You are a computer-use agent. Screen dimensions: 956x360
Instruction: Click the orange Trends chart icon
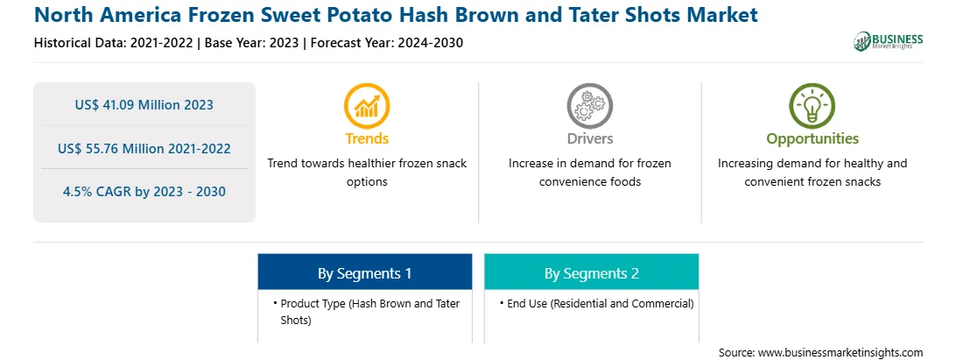pos(367,106)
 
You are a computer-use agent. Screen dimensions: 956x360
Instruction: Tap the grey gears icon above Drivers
pos(589,106)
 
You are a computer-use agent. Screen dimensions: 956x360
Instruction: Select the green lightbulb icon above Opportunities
pos(812,106)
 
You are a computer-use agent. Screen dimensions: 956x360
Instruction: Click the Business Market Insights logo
pos(889,41)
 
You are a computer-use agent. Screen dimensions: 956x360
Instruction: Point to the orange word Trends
pos(367,138)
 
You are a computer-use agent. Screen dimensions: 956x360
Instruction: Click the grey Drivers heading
pos(589,138)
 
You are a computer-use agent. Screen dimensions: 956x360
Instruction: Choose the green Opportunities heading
pos(812,139)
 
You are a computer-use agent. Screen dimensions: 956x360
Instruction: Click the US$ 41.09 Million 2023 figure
pos(144,104)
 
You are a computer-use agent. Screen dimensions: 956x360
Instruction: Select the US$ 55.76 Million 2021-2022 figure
pos(144,148)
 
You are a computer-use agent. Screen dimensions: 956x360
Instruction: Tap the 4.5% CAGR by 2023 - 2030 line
pos(144,192)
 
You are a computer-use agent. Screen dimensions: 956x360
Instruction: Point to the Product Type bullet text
pos(366,311)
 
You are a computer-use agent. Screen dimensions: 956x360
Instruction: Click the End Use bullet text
pos(596,303)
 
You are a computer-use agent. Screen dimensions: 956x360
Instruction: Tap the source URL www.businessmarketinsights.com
pos(840,352)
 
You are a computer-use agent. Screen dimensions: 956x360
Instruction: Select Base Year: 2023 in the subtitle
pos(252,43)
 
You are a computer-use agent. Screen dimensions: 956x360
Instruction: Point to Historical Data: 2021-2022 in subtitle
pos(114,43)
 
